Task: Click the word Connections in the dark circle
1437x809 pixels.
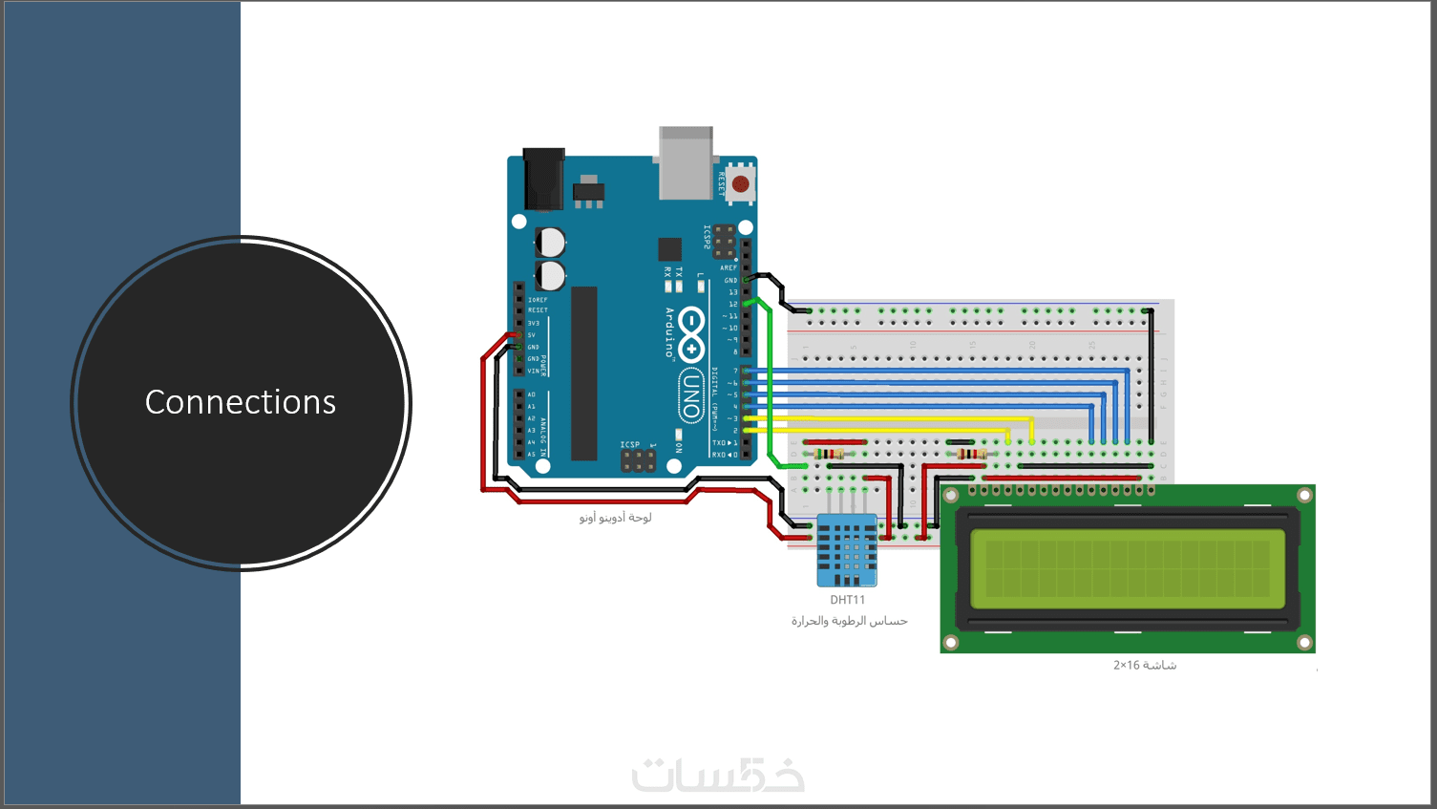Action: [x=241, y=402]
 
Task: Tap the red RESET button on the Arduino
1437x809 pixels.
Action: [x=740, y=182]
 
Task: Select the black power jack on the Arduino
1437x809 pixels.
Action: [x=544, y=179]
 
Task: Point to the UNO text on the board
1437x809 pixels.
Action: [x=690, y=395]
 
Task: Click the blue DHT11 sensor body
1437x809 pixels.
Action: [x=847, y=550]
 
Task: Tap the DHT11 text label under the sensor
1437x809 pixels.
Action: [x=847, y=600]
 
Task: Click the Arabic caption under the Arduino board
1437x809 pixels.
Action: [x=615, y=518]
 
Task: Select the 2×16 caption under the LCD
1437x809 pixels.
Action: [x=1144, y=665]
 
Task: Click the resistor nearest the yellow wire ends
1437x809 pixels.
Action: [x=971, y=454]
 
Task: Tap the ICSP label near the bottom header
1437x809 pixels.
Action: [x=630, y=444]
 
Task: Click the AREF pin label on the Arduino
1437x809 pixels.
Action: [x=728, y=267]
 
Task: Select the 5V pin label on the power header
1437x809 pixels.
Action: [x=532, y=335]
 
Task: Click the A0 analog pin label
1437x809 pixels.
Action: [x=532, y=394]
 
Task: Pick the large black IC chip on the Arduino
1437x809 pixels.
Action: [x=583, y=373]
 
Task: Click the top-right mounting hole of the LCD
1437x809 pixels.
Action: [x=1304, y=495]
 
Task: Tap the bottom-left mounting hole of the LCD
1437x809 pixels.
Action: [x=951, y=642]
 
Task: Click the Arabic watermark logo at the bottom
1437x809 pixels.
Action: [x=718, y=775]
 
